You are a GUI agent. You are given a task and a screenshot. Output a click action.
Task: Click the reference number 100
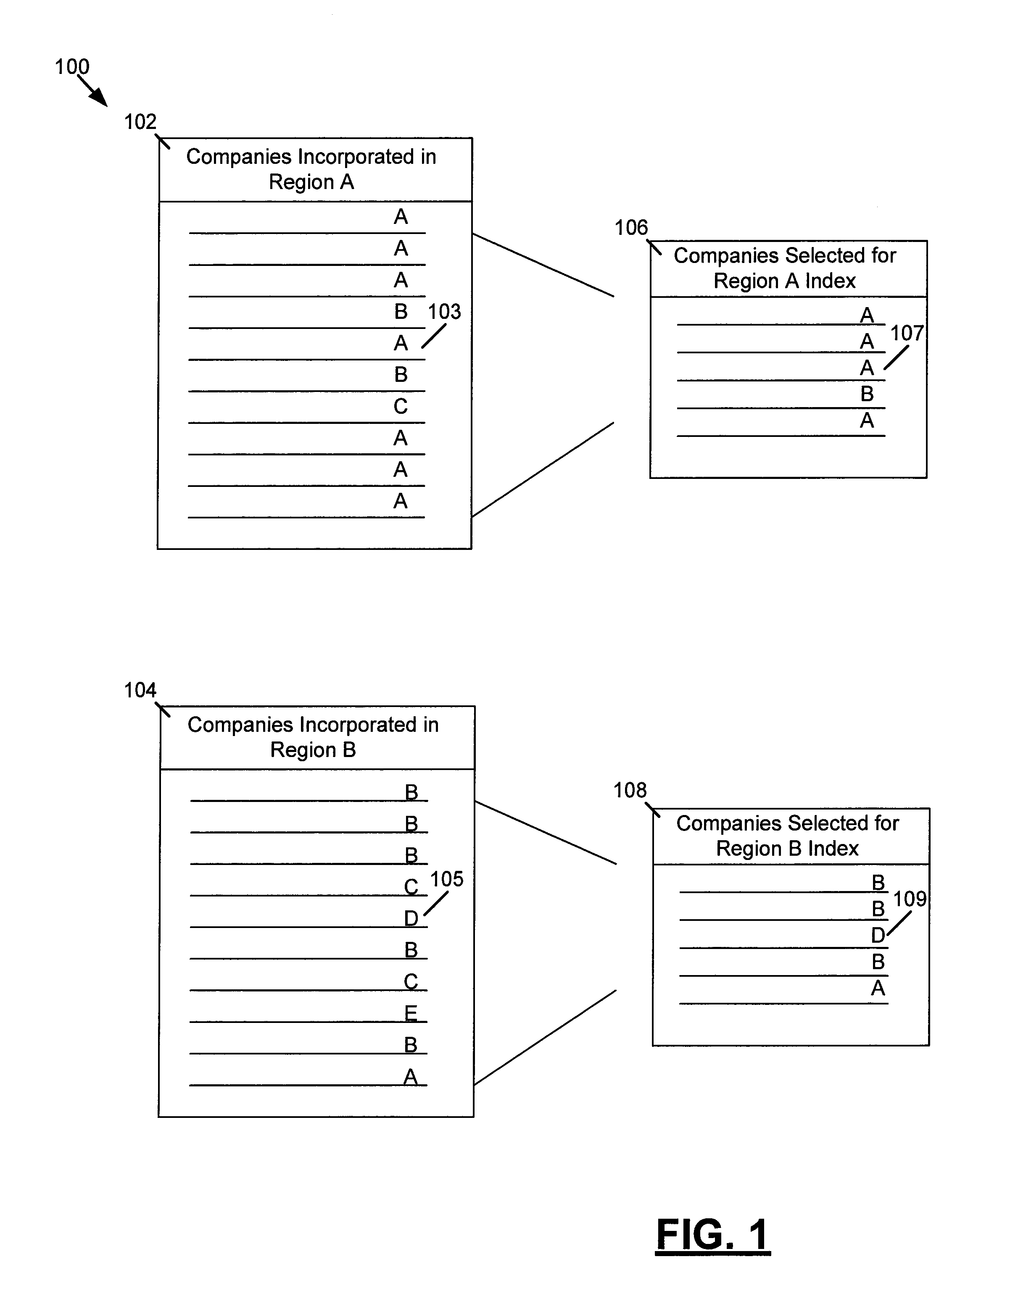click(x=72, y=66)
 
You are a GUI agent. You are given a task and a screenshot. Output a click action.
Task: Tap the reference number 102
click(x=140, y=122)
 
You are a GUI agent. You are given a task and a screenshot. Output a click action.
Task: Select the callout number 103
click(x=444, y=312)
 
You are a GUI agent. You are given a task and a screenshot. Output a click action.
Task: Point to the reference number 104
click(x=140, y=690)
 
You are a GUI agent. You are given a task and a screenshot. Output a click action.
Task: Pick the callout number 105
click(x=447, y=879)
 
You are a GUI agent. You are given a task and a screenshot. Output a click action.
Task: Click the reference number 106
click(x=631, y=227)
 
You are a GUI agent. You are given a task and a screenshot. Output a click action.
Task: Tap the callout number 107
click(x=907, y=333)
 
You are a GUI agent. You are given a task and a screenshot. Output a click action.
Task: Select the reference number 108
click(x=630, y=791)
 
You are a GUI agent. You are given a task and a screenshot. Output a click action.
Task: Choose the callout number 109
click(x=909, y=899)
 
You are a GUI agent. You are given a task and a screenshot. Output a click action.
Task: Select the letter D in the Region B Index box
click(x=878, y=936)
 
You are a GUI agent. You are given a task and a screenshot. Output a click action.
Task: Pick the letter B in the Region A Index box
click(x=867, y=394)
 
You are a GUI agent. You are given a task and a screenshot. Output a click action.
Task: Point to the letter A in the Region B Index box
click(x=878, y=988)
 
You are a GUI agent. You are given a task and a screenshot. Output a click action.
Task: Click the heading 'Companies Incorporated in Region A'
click(x=311, y=169)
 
